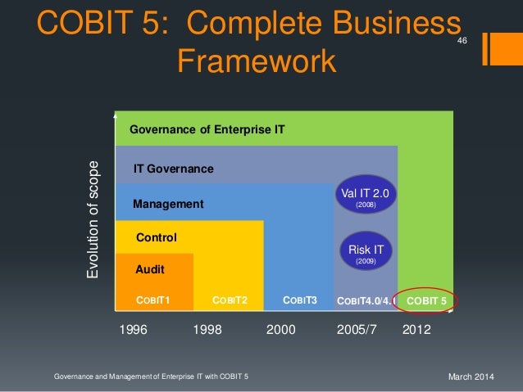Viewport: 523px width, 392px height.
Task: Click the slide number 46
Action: click(462, 40)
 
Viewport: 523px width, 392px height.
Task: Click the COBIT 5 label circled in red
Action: click(427, 300)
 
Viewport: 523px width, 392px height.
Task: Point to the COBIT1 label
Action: click(153, 300)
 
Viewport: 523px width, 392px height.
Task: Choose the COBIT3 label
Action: click(299, 300)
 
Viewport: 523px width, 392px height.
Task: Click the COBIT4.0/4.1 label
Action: click(366, 300)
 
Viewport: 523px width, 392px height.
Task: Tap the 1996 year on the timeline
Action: click(135, 331)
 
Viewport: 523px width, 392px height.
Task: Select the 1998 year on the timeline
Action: click(207, 331)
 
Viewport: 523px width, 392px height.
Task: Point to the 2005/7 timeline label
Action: click(358, 331)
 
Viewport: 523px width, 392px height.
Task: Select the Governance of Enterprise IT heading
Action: click(207, 129)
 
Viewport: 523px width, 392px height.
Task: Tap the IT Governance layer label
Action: click(173, 169)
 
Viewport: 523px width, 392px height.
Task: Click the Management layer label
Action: click(168, 203)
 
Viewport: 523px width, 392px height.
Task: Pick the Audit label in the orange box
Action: click(149, 268)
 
